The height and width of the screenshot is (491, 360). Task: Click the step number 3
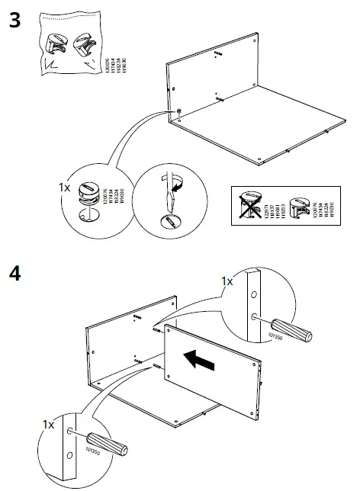(14, 21)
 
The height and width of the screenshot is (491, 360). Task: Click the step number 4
(14, 274)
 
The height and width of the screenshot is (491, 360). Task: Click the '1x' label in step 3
(66, 185)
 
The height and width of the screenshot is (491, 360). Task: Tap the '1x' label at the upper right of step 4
(228, 281)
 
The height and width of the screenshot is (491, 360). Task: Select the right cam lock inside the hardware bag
(84, 43)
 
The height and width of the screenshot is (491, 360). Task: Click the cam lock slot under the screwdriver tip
(170, 220)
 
